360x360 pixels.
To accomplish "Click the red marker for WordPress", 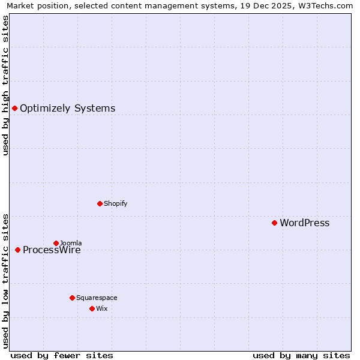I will (x=274, y=223).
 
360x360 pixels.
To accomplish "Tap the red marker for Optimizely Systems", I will (x=14, y=108).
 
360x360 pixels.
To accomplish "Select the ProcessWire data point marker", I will (x=17, y=250).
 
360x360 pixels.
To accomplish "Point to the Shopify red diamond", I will (x=100, y=203).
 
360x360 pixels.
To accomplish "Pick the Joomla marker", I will (x=56, y=243).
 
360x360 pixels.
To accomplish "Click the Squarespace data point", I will (x=72, y=298).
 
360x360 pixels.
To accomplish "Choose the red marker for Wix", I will (x=92, y=308).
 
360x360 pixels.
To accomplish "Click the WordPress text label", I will (x=304, y=223).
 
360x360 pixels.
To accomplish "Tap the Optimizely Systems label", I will (x=67, y=109).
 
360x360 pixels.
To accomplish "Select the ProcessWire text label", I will (x=52, y=250).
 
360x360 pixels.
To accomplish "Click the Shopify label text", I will (x=115, y=203).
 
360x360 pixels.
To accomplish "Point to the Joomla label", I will (x=71, y=243).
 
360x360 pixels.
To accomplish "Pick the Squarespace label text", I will (x=97, y=298).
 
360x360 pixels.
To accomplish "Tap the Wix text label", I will (x=101, y=308).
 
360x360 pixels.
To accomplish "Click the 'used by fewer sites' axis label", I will (x=62, y=355).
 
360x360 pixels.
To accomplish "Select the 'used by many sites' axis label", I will (x=301, y=355).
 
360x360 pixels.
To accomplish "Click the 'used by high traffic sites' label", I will (x=5, y=85).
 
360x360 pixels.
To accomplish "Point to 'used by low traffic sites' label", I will (x=5, y=280).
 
